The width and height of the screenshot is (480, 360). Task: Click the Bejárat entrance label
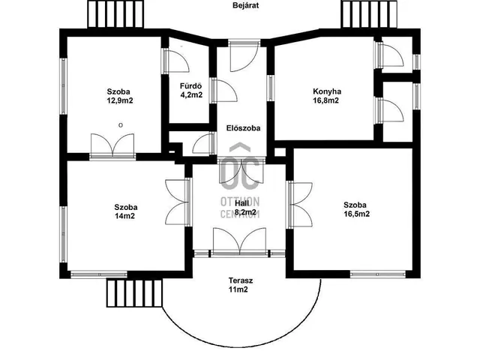pos(245,5)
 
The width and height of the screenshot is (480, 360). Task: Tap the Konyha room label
pos(327,91)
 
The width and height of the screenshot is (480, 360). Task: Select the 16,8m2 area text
pos(325,100)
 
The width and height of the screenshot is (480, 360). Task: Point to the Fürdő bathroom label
pos(190,86)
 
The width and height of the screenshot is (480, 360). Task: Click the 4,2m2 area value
pos(191,95)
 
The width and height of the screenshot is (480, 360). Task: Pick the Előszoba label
pos(243,128)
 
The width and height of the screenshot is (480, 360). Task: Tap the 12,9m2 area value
pos(120,100)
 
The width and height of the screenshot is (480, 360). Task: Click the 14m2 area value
pos(125,216)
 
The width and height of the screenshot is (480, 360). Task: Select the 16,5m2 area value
pos(356,214)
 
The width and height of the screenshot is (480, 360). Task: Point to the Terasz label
pos(241,280)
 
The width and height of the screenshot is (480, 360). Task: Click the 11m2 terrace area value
pos(238,289)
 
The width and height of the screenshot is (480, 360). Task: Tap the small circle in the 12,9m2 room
pos(121,125)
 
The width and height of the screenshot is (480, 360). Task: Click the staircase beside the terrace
pos(134,292)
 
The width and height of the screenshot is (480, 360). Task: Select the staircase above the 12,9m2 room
pos(115,14)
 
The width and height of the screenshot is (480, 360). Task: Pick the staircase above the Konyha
pos(369,14)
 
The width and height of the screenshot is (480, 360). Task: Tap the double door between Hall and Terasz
pos(240,241)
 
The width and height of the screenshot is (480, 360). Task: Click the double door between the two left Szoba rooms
pos(112,146)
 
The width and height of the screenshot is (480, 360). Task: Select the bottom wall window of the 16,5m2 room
pos(378,274)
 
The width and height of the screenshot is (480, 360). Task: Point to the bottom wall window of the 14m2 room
pos(99,274)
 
